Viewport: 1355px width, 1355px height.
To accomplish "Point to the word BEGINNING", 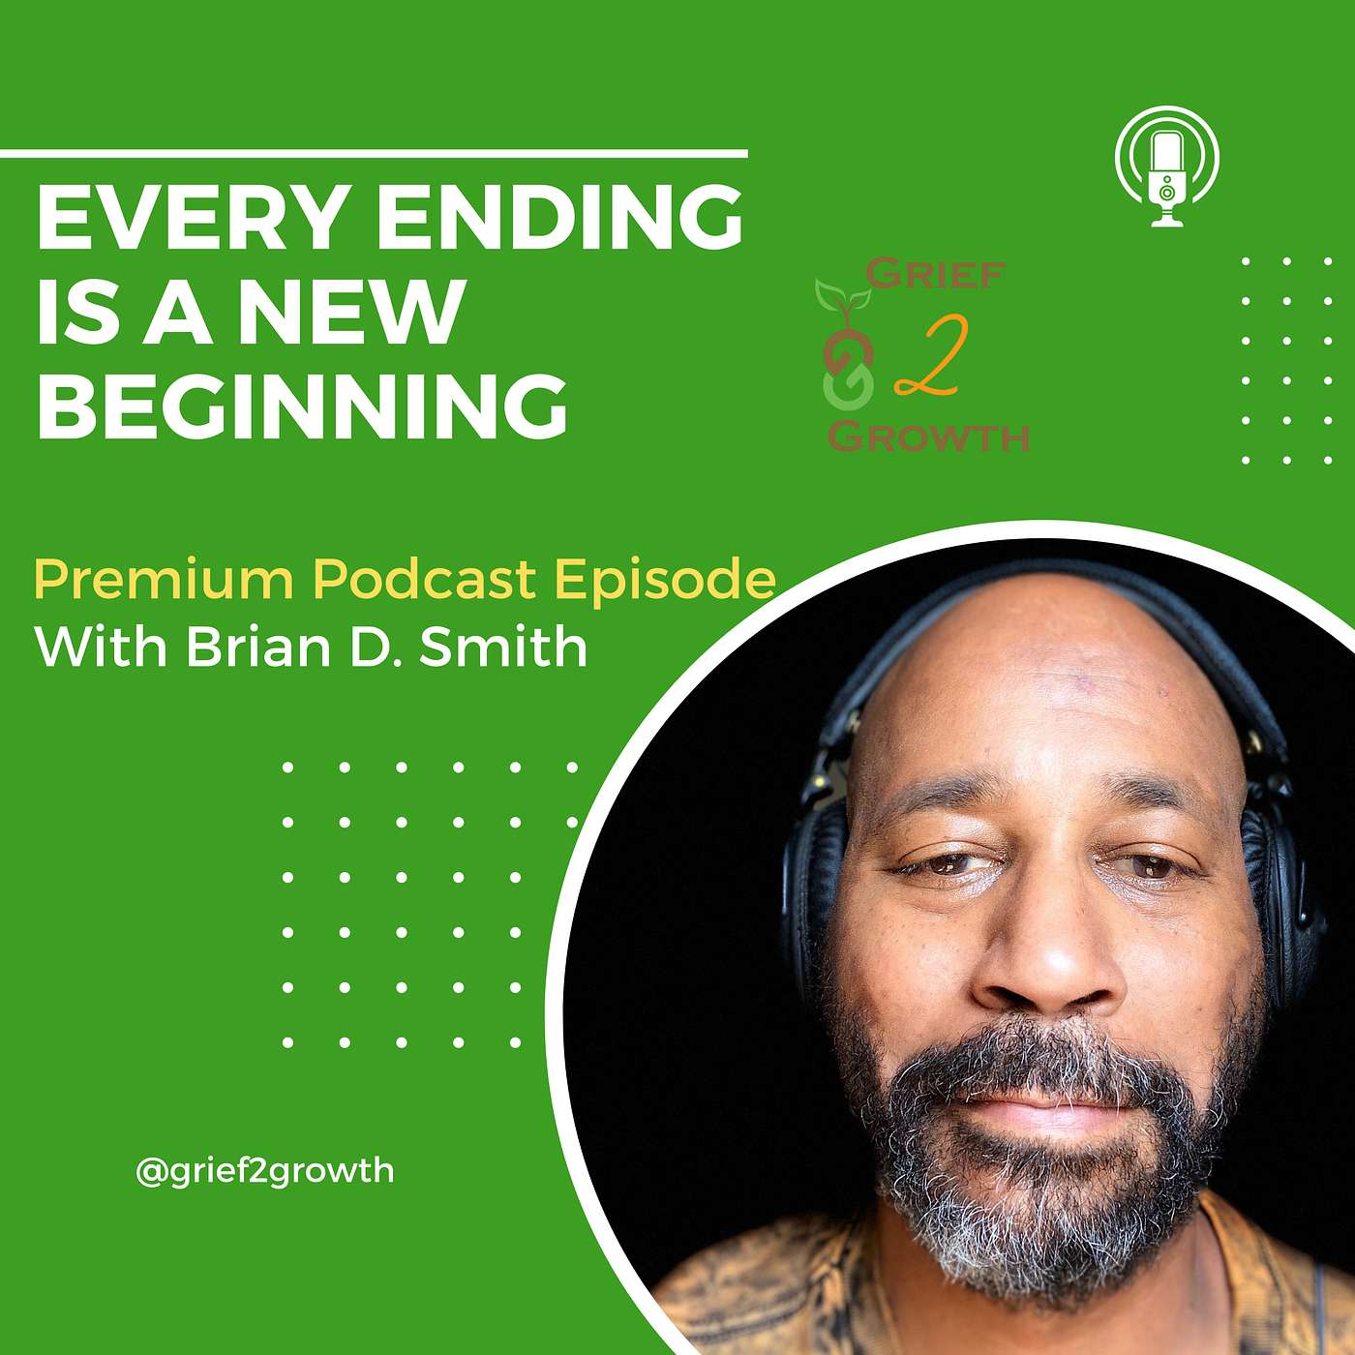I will (302, 406).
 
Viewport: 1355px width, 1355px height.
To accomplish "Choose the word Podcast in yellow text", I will (424, 580).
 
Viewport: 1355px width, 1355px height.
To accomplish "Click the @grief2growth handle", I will (265, 1171).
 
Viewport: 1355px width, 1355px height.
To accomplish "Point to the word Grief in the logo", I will (934, 275).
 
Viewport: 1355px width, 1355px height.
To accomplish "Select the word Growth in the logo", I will (929, 437).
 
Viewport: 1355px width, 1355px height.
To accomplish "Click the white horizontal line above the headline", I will (374, 153).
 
